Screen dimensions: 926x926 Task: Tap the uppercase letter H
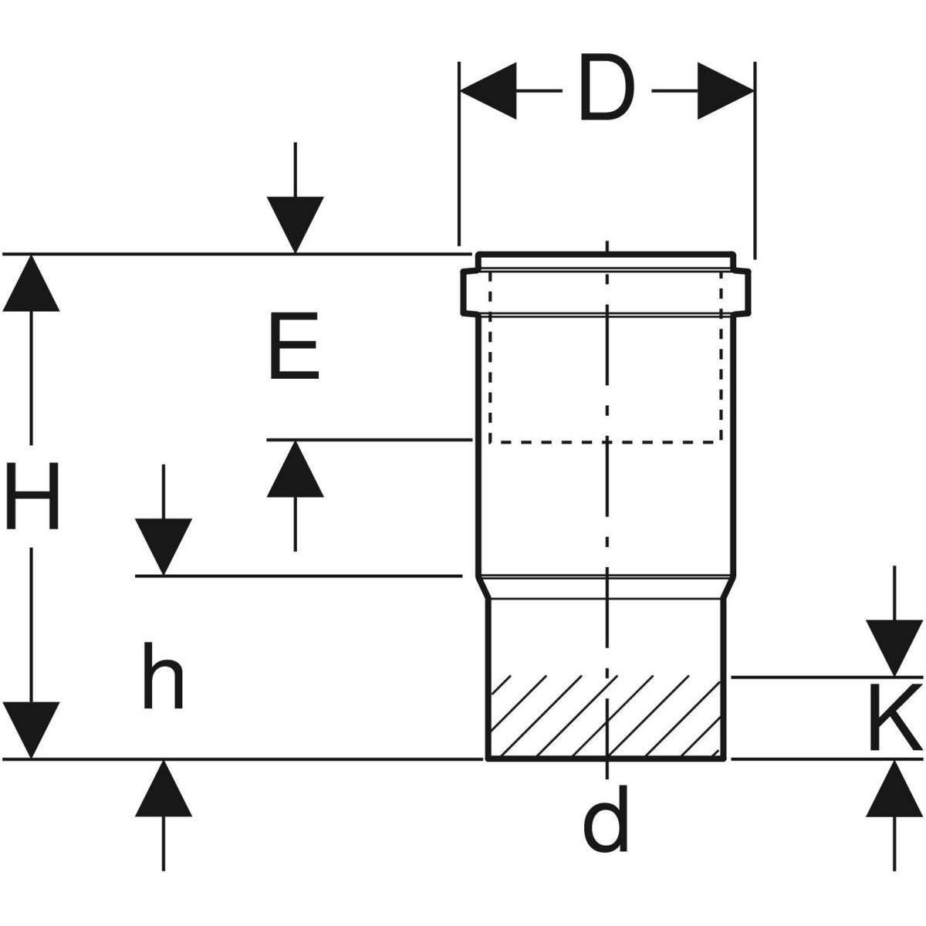32,495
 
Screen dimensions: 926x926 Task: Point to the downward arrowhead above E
295,225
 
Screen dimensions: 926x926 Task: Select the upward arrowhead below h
163,788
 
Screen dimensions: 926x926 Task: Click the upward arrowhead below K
894,789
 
